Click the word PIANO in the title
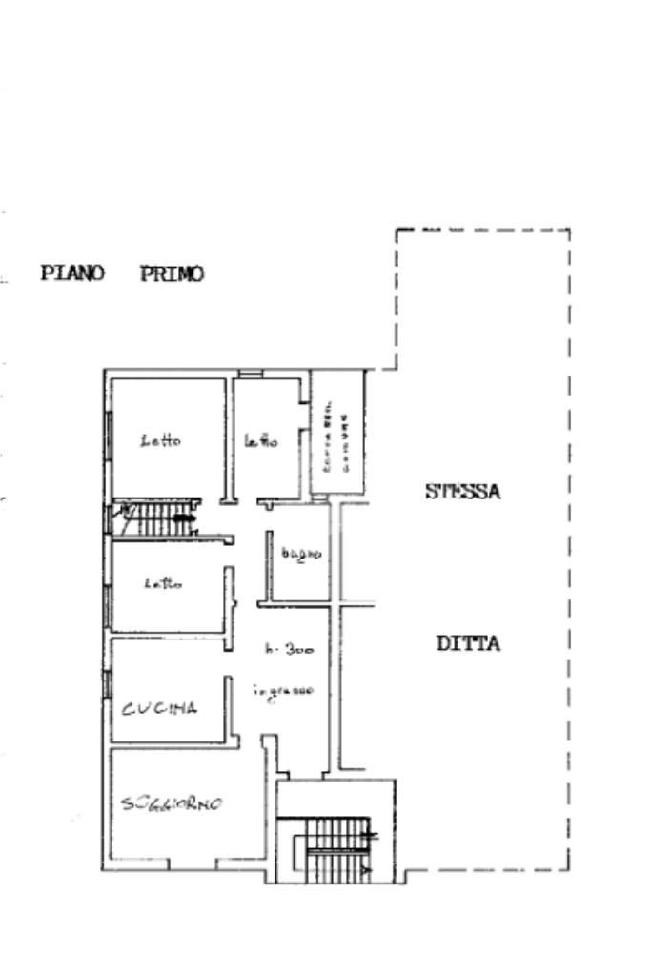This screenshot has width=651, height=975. coord(71,274)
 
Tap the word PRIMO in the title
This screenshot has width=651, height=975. coord(172,274)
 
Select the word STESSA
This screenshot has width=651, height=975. coord(463,492)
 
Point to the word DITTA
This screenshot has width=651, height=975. coord(468,643)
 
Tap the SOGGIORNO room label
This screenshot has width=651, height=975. coord(172,803)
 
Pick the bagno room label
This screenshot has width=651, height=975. coord(301,553)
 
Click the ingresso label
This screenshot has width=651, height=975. coord(283,691)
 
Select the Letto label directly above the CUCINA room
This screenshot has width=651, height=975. coord(163,583)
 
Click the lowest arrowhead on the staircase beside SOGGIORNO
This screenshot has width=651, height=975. coord(368,869)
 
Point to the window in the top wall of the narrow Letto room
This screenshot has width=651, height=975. coord(250,373)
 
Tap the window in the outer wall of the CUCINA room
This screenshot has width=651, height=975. coord(107,684)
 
